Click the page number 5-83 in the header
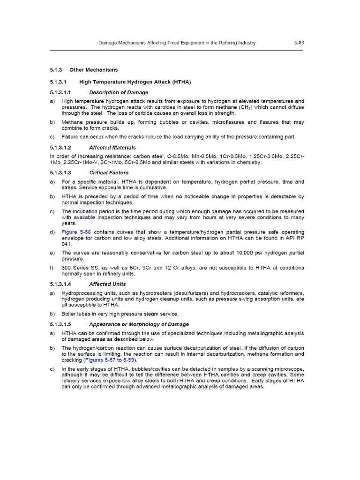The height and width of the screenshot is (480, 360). coord(300,43)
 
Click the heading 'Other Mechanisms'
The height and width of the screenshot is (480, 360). coord(91,70)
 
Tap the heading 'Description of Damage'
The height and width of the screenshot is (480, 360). coord(119,92)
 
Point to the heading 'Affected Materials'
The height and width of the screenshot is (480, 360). coord(112,147)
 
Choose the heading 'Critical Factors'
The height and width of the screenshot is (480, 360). coord(108,172)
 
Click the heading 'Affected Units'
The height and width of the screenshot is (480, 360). coord(108,284)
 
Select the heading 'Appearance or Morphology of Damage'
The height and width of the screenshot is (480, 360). coord(139,324)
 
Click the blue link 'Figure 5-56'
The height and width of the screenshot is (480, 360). coord(75,232)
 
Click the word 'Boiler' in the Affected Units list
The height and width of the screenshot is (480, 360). coord(69,314)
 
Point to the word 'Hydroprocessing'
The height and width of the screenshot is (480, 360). coord(82,292)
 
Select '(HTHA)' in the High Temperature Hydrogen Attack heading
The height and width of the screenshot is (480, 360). coord(178,82)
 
